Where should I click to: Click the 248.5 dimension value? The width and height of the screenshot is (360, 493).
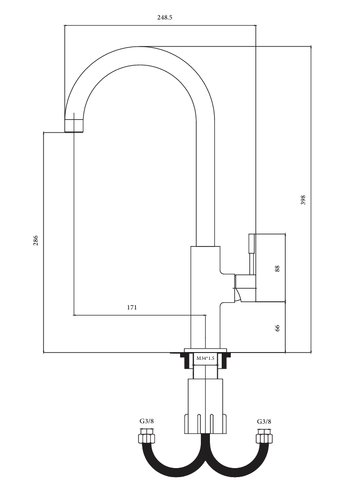coord(165,17)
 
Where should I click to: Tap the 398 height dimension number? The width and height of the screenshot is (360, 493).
coord(303,200)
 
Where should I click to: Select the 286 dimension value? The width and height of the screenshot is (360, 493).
coord(35,240)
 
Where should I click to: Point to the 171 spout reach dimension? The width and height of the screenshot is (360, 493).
coord(132,307)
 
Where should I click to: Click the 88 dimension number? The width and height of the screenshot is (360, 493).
coord(277,269)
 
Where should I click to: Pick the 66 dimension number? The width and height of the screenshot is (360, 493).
coord(277,328)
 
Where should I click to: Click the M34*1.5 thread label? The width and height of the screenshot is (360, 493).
coord(205,358)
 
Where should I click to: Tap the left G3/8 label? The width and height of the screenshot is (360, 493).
coord(147,421)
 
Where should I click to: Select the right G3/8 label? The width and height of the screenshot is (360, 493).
coord(264,421)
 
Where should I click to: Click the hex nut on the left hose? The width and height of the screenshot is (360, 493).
coord(146,438)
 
